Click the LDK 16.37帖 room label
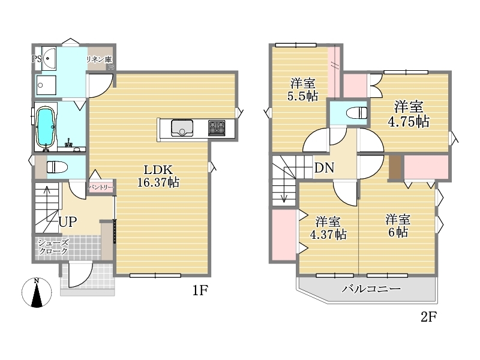158,176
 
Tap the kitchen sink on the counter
182,128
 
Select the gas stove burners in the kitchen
217,128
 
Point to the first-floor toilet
56,167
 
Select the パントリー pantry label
101,187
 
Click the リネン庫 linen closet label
99,59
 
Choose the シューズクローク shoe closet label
53,247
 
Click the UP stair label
68,221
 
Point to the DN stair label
324,168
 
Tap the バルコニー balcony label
371,289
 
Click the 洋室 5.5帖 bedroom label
302,89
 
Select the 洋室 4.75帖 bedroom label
409,114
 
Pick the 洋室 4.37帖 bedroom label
328,228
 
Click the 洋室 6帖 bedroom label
398,226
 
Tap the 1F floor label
200,290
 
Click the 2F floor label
428,317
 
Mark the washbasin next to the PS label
49,58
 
